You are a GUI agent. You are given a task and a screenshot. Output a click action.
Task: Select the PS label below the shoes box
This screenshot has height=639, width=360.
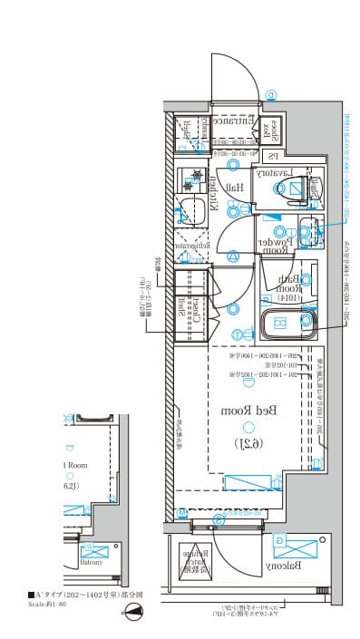point(272,156)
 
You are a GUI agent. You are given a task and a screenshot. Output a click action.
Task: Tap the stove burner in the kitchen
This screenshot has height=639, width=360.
point(192,176)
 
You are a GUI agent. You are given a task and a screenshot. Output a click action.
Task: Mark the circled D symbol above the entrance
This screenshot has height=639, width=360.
point(271,94)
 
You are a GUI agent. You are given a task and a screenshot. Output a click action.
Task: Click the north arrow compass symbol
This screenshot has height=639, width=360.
point(132,614)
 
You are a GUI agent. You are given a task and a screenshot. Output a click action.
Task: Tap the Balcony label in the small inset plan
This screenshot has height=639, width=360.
point(91,562)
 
